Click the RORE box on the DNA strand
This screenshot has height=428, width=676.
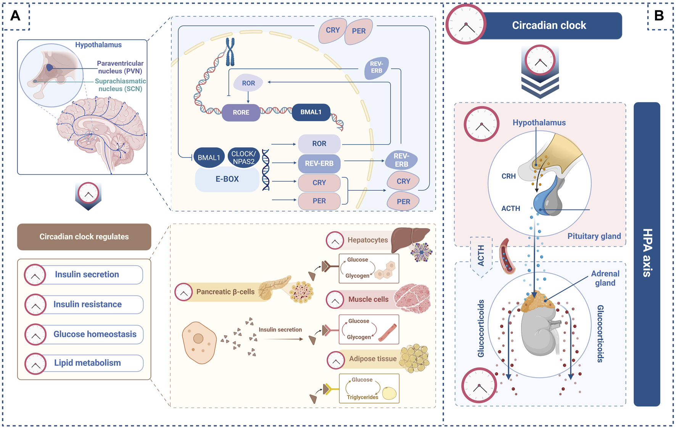coord(241,113)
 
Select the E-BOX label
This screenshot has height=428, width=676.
coord(227,179)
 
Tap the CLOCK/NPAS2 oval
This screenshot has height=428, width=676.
coord(243,158)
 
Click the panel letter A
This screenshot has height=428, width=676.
coord(15,16)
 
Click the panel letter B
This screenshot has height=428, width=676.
coord(659,16)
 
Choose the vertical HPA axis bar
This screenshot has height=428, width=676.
coord(647,254)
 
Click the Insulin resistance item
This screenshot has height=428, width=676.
coord(87,304)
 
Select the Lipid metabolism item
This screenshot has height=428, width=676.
coord(87,363)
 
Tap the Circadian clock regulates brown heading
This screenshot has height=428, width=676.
coord(84,237)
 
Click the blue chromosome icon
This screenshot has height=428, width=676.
coord(230,51)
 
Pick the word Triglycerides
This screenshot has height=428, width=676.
coord(362,397)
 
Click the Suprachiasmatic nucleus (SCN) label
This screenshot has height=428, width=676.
coord(120,85)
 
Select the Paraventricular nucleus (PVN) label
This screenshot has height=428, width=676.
coord(120,67)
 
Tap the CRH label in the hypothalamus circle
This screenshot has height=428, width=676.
coord(509,176)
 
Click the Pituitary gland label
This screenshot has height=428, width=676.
coord(594,236)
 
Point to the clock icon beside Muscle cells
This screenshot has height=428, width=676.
coord(335,300)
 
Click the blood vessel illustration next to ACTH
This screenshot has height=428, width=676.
coord(507,256)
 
